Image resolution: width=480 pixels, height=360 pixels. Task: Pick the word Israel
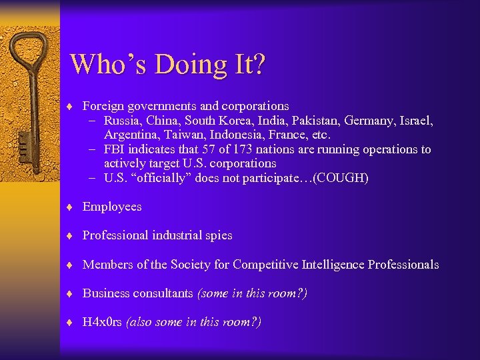click(x=415, y=121)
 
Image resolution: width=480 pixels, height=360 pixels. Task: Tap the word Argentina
click(x=131, y=135)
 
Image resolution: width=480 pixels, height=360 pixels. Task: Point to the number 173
click(x=265, y=149)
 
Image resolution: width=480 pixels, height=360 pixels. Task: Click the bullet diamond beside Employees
click(x=70, y=207)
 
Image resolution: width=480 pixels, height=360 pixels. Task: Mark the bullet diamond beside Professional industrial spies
click(x=70, y=235)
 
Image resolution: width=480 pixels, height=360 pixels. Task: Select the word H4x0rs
click(x=101, y=322)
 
